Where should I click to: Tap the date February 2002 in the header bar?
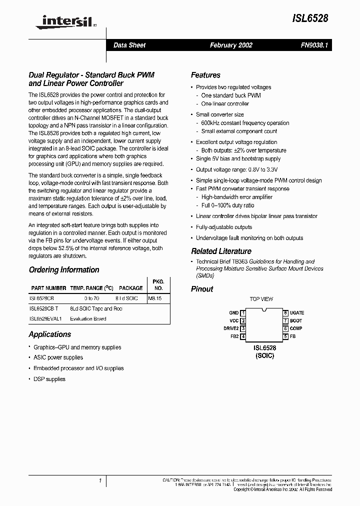231,45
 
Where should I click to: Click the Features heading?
205,75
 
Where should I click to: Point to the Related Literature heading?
221,251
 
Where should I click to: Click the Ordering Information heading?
64,270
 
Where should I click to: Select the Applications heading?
50,334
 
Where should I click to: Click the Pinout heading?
202,289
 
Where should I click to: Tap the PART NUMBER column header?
48,288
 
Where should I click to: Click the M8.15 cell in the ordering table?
155,298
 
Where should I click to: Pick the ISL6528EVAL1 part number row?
45,318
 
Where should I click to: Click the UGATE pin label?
296,312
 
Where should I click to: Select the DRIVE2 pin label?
231,328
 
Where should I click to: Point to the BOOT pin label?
296,320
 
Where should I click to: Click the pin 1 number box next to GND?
242,312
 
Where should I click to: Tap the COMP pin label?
296,328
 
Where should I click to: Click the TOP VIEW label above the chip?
261,299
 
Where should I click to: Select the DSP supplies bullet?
49,379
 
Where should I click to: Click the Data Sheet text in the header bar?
129,45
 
